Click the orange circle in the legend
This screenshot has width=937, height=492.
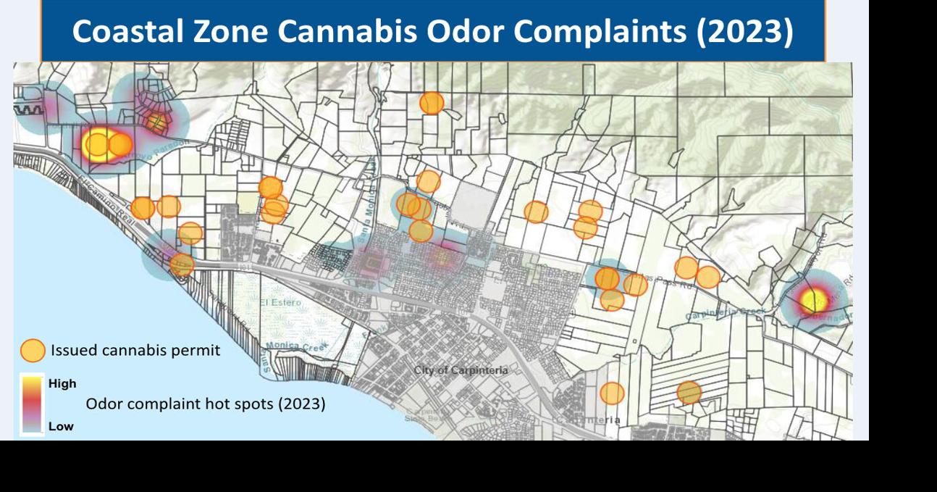33,351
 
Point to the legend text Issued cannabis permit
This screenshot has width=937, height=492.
135,351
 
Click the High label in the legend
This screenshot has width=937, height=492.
62,383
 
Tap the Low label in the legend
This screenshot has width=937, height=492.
61,426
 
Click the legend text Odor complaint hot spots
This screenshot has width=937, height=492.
205,403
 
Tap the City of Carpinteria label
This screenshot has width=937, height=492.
461,370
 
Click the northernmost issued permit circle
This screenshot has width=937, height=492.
432,103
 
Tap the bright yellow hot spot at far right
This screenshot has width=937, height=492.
812,299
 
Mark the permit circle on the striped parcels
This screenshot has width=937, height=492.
689,392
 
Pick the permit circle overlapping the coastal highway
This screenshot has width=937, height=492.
182,264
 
